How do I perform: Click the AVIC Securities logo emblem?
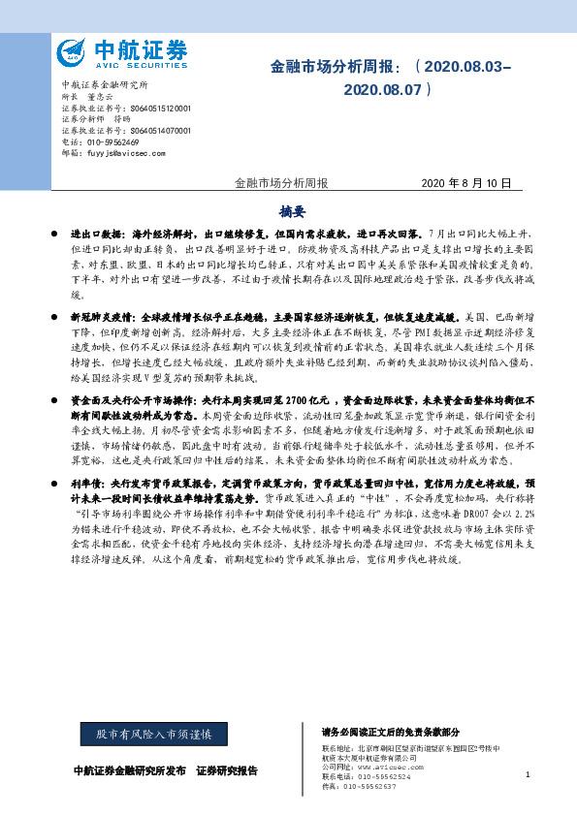click(72, 51)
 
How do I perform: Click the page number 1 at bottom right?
click(527, 775)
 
